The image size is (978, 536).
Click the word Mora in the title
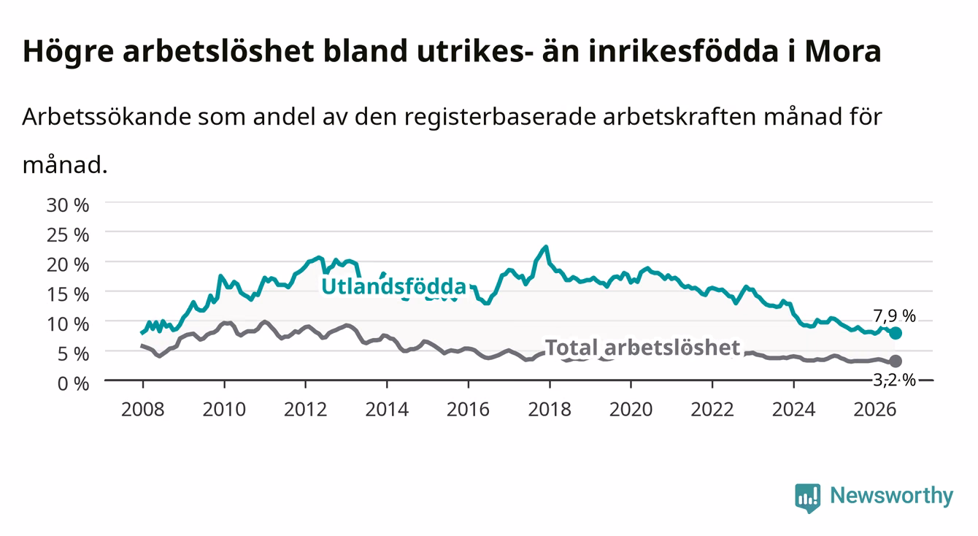843,51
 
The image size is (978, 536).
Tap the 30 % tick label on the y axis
68,205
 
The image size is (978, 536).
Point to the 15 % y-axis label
68,294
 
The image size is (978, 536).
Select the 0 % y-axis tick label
73,383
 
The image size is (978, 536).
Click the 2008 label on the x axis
143,410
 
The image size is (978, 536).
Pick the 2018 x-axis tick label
550,410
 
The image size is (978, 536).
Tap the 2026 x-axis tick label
875,410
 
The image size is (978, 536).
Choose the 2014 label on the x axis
387,410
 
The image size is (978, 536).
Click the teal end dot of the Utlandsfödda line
896,333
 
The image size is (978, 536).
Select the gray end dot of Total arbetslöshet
896,361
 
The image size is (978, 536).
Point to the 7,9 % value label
895,316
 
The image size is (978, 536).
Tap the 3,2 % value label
895,380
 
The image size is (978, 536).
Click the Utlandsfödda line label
394,286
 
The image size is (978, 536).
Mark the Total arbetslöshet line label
643,348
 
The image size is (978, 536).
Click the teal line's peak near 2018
546,248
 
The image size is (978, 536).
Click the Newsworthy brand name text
892,496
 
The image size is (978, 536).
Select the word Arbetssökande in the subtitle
107,117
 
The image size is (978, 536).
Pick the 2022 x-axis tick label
712,410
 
